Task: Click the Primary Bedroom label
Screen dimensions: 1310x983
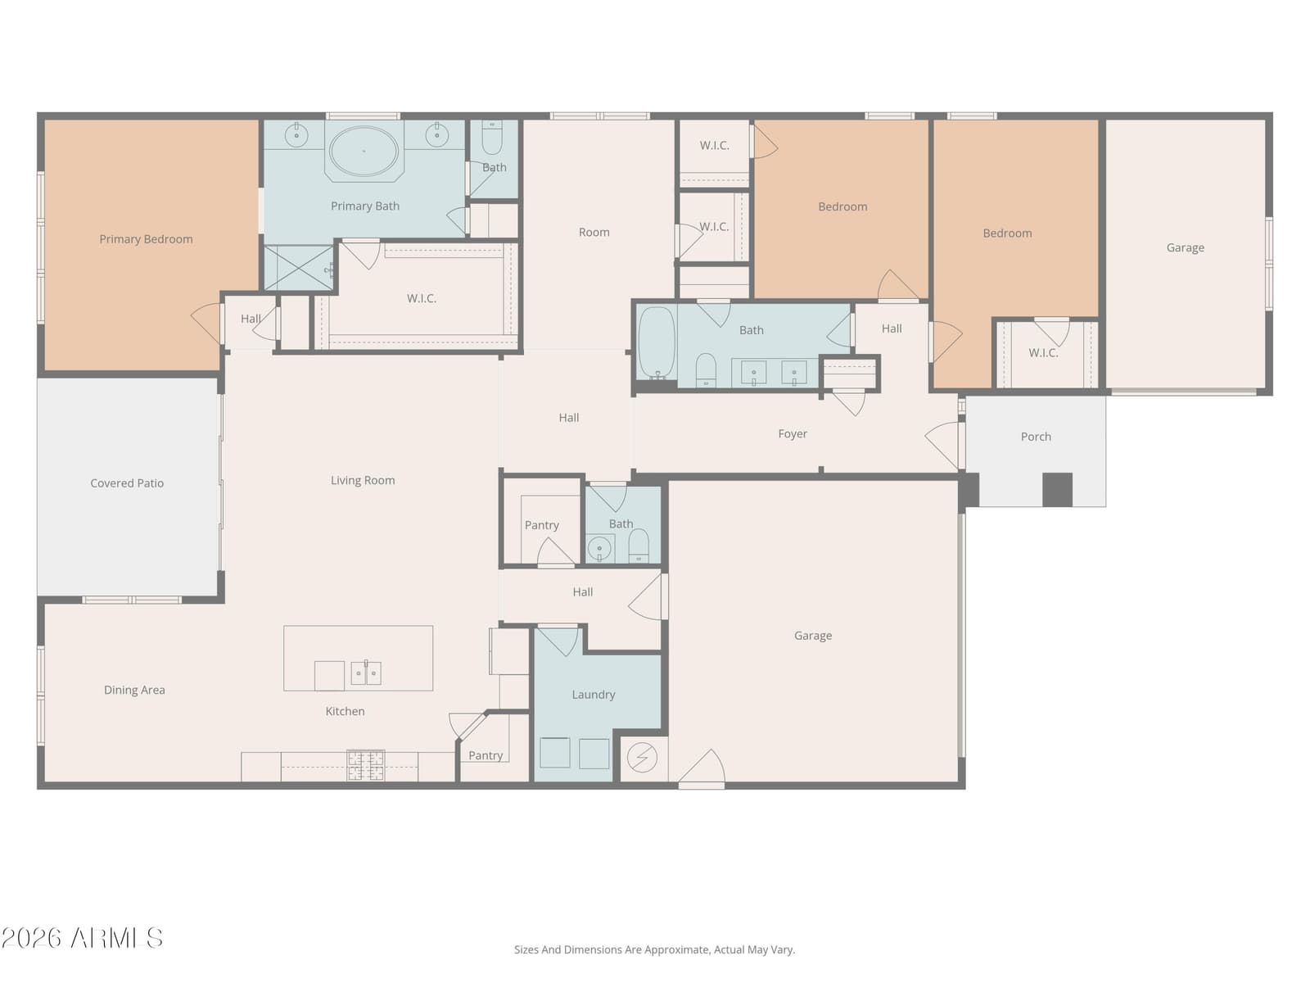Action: pos(147,239)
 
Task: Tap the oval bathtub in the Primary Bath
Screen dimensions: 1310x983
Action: pos(364,151)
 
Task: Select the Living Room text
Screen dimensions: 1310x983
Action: pos(363,481)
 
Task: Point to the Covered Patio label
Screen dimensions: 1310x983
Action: pos(127,483)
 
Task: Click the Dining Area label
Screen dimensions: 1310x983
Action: pos(134,690)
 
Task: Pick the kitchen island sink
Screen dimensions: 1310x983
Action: pos(366,673)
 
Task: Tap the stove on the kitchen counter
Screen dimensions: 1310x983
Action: pos(366,766)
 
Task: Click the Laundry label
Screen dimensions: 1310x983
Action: pos(594,695)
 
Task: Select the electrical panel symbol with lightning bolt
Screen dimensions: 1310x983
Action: pos(642,758)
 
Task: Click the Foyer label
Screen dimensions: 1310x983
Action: pos(793,434)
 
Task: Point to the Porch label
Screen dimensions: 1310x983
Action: pos(1036,437)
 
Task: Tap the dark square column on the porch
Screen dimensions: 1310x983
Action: pos(1058,490)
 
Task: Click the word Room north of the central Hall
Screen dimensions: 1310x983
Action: pos(594,232)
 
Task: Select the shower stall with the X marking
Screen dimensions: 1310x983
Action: pos(298,268)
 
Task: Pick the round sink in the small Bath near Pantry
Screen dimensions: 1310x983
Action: pos(599,548)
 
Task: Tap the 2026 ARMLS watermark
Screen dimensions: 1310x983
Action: pos(82,938)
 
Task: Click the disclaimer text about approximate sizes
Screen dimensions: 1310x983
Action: pos(655,949)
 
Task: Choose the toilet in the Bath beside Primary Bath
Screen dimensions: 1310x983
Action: pos(492,138)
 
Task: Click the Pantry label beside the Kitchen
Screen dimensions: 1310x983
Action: pos(486,755)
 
